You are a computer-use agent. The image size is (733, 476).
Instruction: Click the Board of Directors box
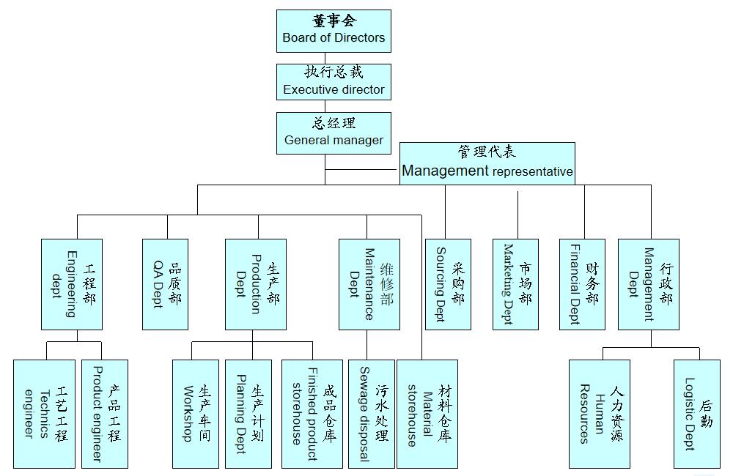(x=334, y=31)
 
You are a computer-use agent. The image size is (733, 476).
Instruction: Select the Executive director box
(x=334, y=81)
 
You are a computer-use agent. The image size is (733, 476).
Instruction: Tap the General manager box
(x=334, y=133)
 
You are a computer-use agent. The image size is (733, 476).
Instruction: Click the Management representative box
(x=487, y=163)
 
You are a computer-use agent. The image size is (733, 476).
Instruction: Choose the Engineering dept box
(x=72, y=284)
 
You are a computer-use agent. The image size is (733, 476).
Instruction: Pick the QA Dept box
(x=165, y=284)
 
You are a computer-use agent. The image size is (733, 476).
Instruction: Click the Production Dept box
(x=256, y=284)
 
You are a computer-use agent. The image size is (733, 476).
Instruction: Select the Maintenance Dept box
(x=369, y=284)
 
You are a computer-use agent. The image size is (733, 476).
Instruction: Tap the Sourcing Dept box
(x=448, y=284)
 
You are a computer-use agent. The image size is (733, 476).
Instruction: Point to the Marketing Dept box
(x=515, y=284)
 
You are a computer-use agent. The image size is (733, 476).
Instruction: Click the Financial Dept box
(x=582, y=284)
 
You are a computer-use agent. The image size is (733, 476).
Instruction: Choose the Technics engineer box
(x=44, y=414)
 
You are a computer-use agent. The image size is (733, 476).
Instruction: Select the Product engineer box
(x=105, y=414)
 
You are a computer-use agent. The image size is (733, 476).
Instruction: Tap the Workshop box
(x=196, y=414)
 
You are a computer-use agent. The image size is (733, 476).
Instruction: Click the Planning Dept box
(x=248, y=414)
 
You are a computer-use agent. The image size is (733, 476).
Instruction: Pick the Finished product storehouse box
(x=312, y=414)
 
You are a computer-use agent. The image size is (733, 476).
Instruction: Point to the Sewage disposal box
(x=372, y=414)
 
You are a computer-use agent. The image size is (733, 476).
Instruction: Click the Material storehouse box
(x=427, y=414)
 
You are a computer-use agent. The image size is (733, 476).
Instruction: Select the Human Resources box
(x=600, y=414)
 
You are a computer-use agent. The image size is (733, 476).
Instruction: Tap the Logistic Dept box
(x=697, y=414)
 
